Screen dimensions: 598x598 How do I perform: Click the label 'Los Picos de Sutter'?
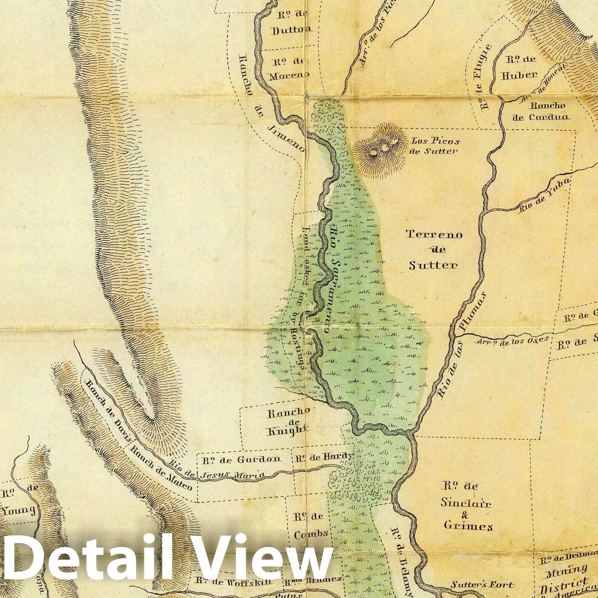pos(435,146)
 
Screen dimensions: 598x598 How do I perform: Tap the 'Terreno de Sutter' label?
pos(434,250)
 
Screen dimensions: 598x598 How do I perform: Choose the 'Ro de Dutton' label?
pos(291,23)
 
